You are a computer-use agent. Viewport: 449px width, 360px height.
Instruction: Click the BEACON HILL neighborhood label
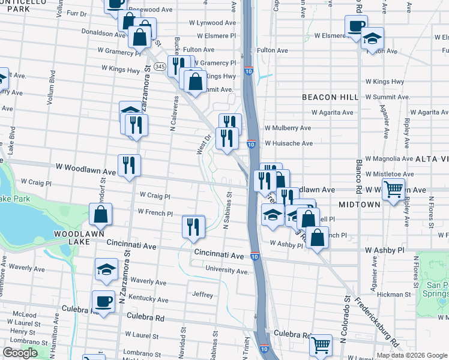click(x=330, y=97)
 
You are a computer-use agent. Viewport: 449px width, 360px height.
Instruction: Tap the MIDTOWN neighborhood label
click(x=360, y=205)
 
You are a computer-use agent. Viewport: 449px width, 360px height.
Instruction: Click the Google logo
click(x=20, y=353)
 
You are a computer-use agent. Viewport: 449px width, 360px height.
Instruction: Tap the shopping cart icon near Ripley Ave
click(x=393, y=190)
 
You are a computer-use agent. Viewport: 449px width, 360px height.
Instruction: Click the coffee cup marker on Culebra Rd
click(x=103, y=302)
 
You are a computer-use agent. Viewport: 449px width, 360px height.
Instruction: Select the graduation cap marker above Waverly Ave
click(x=106, y=269)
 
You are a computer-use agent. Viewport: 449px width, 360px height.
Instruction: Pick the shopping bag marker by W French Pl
click(x=100, y=214)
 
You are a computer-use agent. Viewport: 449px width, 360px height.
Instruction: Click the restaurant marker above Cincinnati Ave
click(x=193, y=227)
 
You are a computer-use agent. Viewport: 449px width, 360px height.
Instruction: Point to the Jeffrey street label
click(x=202, y=295)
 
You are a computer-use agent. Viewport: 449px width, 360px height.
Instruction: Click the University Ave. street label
click(x=226, y=271)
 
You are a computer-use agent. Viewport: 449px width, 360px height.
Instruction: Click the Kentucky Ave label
click(x=148, y=298)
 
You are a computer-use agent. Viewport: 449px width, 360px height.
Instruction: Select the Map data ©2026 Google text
click(x=411, y=355)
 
